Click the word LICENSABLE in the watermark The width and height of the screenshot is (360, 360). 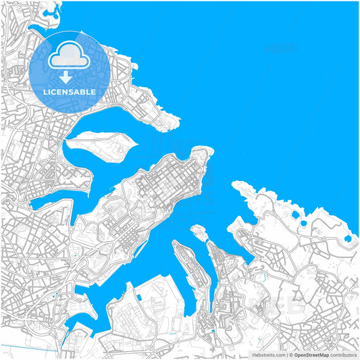(70, 91)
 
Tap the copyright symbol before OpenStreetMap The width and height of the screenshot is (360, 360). (290, 355)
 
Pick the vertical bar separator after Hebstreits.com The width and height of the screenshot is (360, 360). (286, 355)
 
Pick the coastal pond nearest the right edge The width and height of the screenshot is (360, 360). (348, 238)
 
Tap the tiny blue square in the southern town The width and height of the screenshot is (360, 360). (213, 330)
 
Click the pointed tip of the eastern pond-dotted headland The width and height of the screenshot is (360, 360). (234, 184)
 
